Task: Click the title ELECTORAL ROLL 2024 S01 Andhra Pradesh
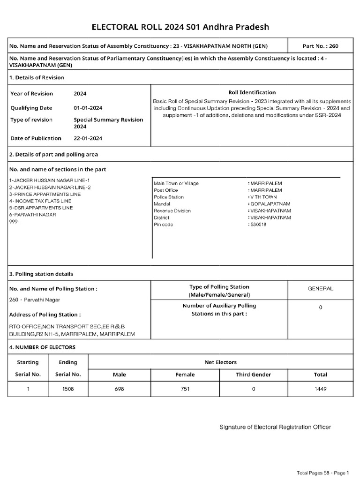[x=180, y=27]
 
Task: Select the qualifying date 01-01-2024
[x=89, y=107]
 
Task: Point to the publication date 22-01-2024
[x=89, y=138]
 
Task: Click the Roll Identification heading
[x=252, y=92]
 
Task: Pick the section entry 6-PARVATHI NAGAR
[x=32, y=214]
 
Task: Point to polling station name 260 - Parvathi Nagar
[x=35, y=300]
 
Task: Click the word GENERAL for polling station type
[x=320, y=289]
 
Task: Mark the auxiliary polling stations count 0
[x=320, y=307]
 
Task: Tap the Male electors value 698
[x=120, y=389]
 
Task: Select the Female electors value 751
[x=185, y=389]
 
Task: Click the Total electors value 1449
[x=320, y=389]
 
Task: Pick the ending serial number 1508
[x=68, y=389]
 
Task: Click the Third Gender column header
[x=253, y=375]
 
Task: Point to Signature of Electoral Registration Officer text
[x=276, y=427]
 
